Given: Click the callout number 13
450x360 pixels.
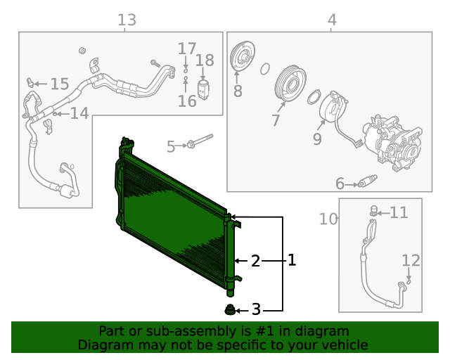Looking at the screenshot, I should click(127, 20).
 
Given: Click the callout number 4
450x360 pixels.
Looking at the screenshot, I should click(332, 20).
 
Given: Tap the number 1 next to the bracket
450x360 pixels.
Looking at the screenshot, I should click(291, 261).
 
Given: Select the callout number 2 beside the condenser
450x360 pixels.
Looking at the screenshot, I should click(256, 261).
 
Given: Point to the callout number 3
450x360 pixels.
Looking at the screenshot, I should click(256, 309).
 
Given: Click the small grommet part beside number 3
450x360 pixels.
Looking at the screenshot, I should click(229, 310).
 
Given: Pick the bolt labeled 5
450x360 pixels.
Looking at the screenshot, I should click(200, 141).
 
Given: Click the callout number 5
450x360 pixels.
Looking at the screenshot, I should click(171, 146).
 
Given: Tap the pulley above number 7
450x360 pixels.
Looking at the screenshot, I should click(288, 81).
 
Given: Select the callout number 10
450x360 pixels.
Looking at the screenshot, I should click(328, 219).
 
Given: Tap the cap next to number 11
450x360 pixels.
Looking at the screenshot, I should click(375, 210).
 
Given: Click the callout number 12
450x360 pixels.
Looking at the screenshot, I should click(411, 261).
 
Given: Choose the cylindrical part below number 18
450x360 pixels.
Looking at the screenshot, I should click(204, 90).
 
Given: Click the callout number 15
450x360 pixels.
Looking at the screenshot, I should click(59, 84).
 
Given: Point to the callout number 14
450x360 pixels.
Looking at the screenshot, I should click(79, 113).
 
